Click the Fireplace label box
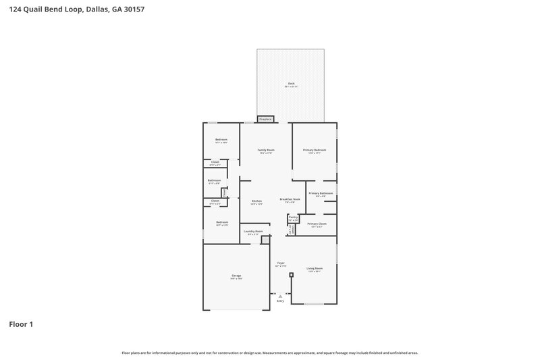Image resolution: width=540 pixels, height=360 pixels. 265,119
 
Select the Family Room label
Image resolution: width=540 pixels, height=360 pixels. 266,151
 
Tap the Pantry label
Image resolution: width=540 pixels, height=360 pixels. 293,218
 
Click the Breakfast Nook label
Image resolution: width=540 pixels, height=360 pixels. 290,200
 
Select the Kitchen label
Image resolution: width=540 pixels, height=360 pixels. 256,202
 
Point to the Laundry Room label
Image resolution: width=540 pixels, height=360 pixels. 254,232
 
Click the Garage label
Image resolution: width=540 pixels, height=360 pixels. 236,276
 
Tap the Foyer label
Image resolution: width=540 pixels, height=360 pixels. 281,263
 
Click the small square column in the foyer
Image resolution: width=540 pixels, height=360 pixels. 291,275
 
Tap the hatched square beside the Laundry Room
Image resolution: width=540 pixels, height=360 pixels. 265,239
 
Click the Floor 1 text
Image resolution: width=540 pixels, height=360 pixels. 21,325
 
